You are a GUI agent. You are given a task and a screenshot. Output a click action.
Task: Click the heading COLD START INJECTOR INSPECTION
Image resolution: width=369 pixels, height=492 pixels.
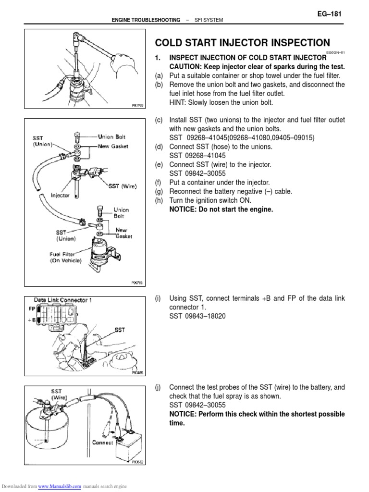tap(242, 42)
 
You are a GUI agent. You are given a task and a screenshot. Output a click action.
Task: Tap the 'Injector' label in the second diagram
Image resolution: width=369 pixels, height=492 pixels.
tap(61, 196)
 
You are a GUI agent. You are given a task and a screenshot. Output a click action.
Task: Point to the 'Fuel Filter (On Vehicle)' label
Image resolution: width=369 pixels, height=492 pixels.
tap(66, 257)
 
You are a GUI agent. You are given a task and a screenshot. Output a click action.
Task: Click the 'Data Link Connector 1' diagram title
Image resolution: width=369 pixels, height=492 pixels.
tap(63, 300)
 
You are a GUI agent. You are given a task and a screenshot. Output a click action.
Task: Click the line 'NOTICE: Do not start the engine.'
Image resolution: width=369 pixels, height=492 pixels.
tap(224, 209)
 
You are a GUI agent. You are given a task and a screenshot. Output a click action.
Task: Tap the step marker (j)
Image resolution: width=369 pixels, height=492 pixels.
tap(158, 387)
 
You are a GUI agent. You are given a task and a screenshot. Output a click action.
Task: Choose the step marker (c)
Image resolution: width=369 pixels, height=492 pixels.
tap(158, 120)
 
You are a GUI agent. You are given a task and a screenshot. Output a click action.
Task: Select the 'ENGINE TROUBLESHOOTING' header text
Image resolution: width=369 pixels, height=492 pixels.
tap(139, 20)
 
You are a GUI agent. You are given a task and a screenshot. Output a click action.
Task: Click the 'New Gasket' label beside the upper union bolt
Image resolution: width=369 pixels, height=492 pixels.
tap(113, 146)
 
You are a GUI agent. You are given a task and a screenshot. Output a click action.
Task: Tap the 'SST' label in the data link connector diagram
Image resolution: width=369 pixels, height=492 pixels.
tap(120, 331)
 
